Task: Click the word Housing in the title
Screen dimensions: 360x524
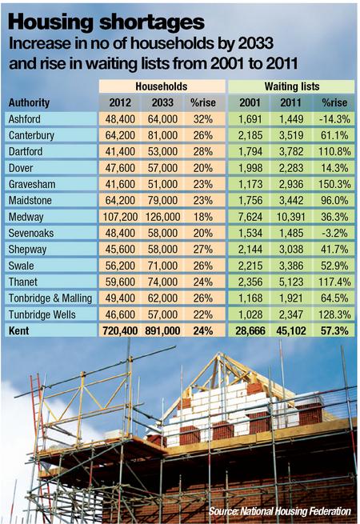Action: (x=51, y=22)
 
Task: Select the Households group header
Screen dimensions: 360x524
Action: (x=162, y=86)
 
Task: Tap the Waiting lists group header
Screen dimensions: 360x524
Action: (x=292, y=86)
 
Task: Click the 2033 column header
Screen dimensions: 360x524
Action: (x=162, y=102)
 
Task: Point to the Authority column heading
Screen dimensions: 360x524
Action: (x=29, y=102)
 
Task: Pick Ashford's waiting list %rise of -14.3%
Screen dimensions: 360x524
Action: (x=335, y=119)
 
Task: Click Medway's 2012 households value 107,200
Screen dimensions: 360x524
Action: (x=120, y=217)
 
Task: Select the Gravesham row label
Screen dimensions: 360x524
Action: (x=32, y=184)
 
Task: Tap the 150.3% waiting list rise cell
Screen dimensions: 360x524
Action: (x=334, y=184)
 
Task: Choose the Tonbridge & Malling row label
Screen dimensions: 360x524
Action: (x=50, y=298)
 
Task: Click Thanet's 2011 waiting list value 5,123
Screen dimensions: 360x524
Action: (x=291, y=282)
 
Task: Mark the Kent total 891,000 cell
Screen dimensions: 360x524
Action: (x=162, y=331)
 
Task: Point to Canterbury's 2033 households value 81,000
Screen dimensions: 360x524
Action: (x=162, y=135)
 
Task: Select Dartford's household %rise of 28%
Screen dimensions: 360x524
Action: (x=203, y=151)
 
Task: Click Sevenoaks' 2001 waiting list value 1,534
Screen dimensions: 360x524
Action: (x=250, y=233)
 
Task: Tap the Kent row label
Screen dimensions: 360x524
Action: (x=18, y=331)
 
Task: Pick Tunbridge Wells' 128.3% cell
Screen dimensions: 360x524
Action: (x=334, y=314)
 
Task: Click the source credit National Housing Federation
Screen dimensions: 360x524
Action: (x=295, y=511)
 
